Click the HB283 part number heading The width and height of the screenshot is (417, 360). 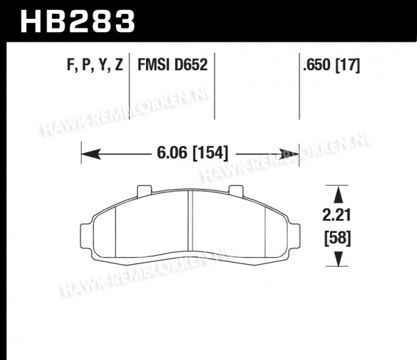[77, 22]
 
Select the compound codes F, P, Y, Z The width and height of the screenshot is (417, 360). [95, 65]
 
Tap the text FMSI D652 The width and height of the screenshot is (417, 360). [172, 65]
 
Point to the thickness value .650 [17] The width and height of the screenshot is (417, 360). [332, 65]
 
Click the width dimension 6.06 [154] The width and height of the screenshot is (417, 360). [193, 153]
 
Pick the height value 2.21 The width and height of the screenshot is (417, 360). [336, 215]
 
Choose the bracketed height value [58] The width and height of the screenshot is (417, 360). [338, 238]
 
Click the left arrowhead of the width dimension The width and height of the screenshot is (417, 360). [91, 154]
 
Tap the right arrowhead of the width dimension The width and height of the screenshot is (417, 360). [290, 154]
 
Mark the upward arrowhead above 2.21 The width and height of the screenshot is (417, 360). [338, 195]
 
